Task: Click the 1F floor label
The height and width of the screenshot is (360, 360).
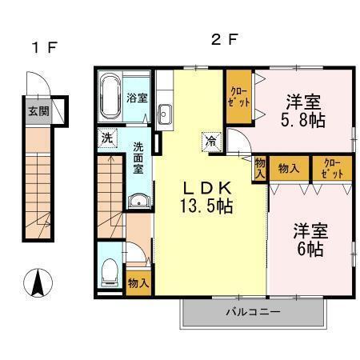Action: tap(44, 47)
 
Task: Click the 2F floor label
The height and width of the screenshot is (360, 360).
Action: tap(224, 40)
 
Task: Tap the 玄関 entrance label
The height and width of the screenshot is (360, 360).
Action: tap(39, 111)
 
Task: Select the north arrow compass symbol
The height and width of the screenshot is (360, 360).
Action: tap(38, 282)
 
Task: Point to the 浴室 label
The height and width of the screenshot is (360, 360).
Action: tap(137, 98)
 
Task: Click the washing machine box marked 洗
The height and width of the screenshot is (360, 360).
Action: tap(107, 138)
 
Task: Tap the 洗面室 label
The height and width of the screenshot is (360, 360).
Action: tap(138, 158)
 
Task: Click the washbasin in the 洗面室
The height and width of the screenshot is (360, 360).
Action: tap(139, 201)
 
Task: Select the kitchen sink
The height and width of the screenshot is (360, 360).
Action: tap(165, 114)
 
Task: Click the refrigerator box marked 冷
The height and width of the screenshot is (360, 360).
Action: tap(211, 142)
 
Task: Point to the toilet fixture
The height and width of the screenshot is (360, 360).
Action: tap(110, 272)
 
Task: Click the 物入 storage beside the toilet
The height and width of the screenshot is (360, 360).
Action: tap(138, 283)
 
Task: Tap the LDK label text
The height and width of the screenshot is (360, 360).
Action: tap(206, 189)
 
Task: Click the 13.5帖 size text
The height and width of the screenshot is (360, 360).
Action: tap(206, 206)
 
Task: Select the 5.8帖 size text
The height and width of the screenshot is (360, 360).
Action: tap(303, 120)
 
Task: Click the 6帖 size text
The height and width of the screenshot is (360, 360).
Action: tap(310, 250)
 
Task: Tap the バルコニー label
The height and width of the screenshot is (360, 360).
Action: tap(253, 312)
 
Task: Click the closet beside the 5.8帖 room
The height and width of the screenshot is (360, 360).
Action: tap(239, 97)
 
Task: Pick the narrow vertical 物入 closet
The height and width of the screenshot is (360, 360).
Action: tap(259, 168)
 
